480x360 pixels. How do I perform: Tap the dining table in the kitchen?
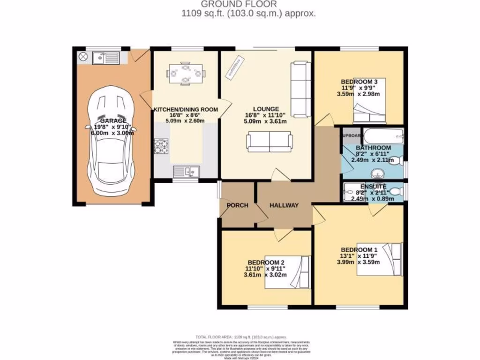point(186,74)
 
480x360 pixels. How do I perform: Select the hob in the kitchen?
point(161,146)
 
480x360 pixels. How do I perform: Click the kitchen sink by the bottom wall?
point(186,172)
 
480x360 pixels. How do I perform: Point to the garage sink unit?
point(106,58)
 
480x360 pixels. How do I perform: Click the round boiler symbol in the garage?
point(83,57)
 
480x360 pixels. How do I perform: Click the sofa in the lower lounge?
point(270,142)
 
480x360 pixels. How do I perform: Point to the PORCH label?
point(237,205)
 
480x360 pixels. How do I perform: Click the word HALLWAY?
point(284,205)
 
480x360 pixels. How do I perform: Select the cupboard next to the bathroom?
point(351,135)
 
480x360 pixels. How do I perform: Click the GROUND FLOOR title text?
point(248,5)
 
